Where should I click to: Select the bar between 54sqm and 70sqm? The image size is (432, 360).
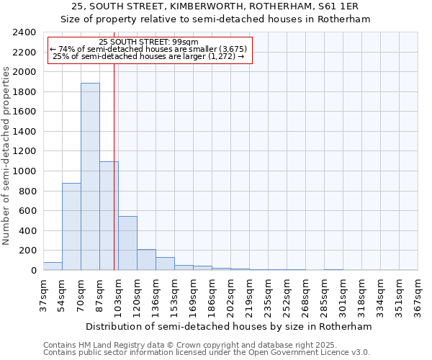(71, 226)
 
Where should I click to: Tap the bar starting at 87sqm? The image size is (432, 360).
(109, 215)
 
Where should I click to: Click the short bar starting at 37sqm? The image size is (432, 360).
(53, 266)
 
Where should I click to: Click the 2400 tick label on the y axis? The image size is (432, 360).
(24, 32)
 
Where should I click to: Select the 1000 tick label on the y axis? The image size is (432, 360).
(24, 171)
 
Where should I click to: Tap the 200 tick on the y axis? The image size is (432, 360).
(27, 251)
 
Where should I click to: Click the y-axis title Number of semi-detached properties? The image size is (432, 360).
(7, 155)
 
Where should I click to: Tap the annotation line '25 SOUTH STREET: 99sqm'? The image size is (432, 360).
(149, 42)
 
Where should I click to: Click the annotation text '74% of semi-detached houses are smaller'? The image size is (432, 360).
(149, 49)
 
